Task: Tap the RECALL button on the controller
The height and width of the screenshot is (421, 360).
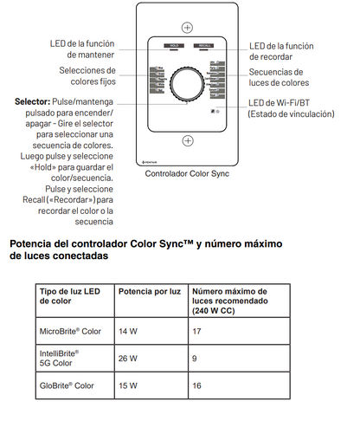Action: pos(204,45)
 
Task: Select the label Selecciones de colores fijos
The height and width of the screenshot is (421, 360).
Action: pos(87,76)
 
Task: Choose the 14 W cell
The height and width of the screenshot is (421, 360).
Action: pos(128,331)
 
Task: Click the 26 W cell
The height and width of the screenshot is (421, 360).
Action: pos(128,358)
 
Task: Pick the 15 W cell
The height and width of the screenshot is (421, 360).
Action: pos(128,385)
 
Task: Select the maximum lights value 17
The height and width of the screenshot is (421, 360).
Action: pos(196,331)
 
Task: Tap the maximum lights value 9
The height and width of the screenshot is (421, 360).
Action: pos(195,358)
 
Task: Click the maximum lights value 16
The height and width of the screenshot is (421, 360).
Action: pos(196,385)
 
